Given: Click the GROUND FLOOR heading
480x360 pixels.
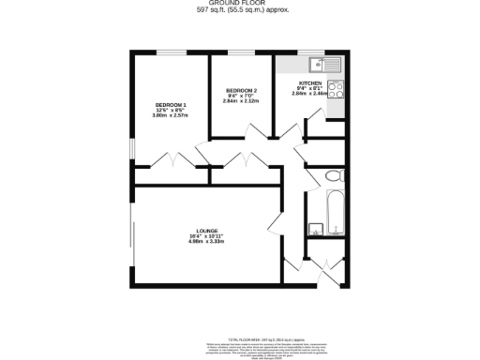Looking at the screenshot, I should pos(239,3).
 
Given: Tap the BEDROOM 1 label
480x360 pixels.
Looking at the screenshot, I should pos(172,105).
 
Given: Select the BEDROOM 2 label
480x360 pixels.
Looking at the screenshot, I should pos(242,90).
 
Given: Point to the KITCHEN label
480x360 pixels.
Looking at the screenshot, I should pos(309,82).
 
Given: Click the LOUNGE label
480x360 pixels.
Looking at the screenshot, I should pos(207,232).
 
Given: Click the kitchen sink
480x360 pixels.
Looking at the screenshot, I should pos(323,64).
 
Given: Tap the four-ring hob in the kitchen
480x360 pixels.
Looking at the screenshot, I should pos(337,92).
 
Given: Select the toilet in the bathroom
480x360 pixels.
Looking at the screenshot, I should pos(331,177).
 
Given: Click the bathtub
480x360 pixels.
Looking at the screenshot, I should pos(335,211).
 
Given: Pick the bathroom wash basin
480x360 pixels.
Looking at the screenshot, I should pos(314,228).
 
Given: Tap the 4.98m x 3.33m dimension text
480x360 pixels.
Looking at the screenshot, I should pos(207,243).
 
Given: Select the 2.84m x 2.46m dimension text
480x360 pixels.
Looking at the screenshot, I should pos(309,94).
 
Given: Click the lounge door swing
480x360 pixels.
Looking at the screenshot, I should pos(274,225).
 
